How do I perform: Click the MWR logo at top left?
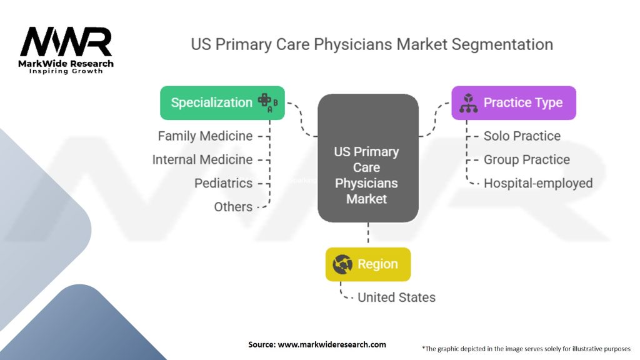(66, 42)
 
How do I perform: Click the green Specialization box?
(222, 102)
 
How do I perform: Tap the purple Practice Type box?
(513, 102)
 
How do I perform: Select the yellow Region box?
(368, 264)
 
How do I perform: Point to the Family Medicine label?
(205, 136)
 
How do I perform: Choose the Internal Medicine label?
(202, 159)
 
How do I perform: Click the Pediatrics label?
(223, 183)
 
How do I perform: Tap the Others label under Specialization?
(233, 207)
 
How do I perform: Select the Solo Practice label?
(522, 136)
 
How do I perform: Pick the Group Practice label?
(526, 159)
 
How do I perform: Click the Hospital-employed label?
(537, 183)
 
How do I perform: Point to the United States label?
(396, 297)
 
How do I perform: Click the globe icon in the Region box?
(342, 264)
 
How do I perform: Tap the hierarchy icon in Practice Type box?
(468, 103)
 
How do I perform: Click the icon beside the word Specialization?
(267, 103)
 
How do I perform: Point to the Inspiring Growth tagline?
(66, 71)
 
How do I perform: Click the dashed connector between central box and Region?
(368, 234)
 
